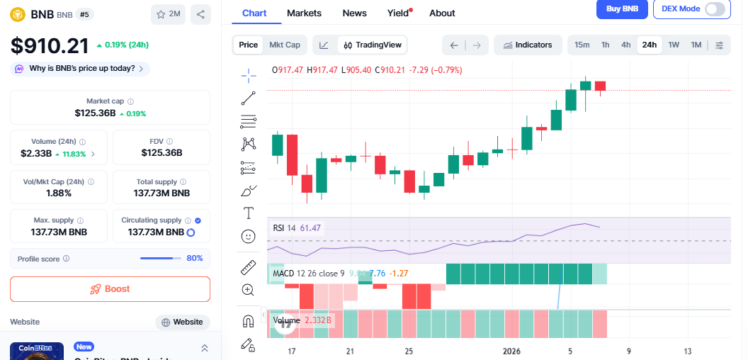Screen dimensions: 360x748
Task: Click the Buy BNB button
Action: (x=622, y=9)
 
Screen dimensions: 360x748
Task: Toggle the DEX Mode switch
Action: (x=715, y=9)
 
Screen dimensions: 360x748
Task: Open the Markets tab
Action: (x=304, y=13)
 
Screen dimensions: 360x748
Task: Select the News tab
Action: (x=354, y=13)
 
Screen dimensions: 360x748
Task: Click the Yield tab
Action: (x=398, y=13)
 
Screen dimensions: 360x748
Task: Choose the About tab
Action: (x=442, y=13)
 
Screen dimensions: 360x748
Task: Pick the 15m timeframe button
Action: (x=582, y=45)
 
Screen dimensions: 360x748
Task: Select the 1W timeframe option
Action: (x=674, y=45)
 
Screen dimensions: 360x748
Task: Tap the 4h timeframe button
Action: (x=626, y=45)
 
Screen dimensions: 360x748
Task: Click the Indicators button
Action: (x=528, y=45)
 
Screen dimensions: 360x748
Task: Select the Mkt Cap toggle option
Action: (x=284, y=45)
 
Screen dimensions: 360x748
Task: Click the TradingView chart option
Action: (x=372, y=45)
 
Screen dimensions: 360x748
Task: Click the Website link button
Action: (x=183, y=322)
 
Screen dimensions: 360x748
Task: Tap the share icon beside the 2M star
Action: (x=200, y=14)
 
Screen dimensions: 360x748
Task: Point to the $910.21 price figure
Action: (x=50, y=46)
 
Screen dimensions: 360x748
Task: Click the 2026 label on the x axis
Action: (x=511, y=351)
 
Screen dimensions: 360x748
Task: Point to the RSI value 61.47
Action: (x=310, y=228)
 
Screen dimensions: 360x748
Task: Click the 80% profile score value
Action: (x=195, y=258)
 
